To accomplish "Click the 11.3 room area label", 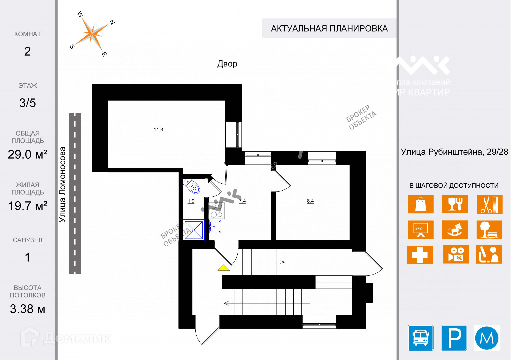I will coord(158,130).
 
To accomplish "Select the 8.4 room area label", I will coord(310,201).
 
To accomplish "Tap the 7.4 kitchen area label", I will coord(242,201).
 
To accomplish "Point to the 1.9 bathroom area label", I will coord(191,201).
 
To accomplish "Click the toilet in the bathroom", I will coord(192,186).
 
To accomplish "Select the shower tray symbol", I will coord(194,229).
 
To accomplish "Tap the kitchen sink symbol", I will coord(215,227).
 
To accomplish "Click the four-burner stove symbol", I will coord(217,211).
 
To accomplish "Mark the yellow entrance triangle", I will coord(224,268).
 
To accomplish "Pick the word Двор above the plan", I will coord(227,64).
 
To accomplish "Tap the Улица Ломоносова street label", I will coord(62,185).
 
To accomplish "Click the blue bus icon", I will coord(420,338).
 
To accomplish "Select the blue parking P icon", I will coord(454,338).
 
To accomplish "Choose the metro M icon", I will coord(487,338).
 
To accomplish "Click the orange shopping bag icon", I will coord(420,204).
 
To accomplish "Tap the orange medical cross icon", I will coord(420,255).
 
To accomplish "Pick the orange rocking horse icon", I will coord(455,230).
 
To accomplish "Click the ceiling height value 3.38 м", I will coord(27,309).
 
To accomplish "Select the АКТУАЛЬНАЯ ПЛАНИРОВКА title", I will coord(329,29).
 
